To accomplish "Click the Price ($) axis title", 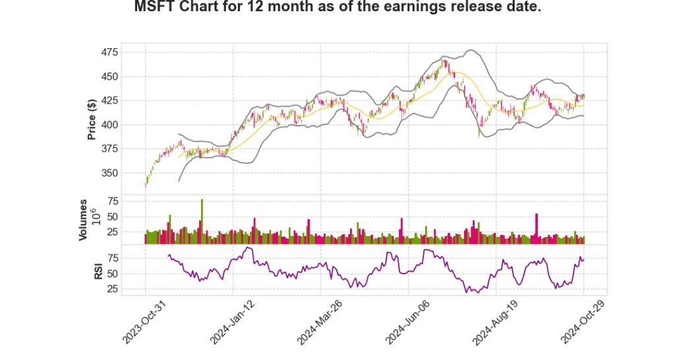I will tap(92, 119).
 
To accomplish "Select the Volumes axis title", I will tap(83, 219).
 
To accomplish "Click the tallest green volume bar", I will tap(202, 222).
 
